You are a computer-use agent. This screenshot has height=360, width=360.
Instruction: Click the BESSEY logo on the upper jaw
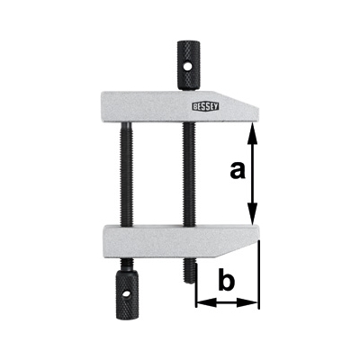(205, 106)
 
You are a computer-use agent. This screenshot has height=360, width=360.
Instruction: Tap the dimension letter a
(238, 171)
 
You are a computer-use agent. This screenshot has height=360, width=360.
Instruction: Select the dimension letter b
(226, 280)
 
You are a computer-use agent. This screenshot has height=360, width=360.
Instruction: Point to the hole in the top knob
(187, 67)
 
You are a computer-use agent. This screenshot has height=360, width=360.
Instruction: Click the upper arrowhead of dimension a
(253, 132)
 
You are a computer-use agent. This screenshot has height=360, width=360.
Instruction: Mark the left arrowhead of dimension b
(206, 302)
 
